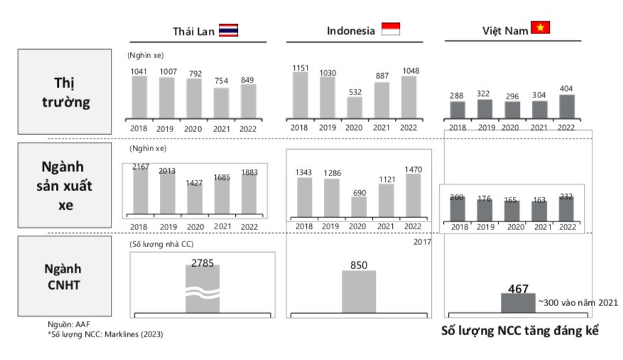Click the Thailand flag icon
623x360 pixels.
coord(228,30)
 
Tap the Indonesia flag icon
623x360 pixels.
coord(391,29)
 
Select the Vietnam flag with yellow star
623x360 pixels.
coord(540,28)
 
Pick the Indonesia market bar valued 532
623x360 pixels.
coord(355,107)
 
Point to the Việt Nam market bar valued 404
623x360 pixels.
coord(566,107)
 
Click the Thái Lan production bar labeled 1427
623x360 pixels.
coord(194,201)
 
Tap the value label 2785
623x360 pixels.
coord(202,263)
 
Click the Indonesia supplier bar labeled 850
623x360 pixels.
coord(359,291)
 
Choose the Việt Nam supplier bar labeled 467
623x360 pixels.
coord(518,303)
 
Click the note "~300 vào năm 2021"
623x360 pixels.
coord(578,302)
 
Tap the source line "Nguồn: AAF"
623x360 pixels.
coord(68,324)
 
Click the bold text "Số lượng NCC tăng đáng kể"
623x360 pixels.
coord(516,332)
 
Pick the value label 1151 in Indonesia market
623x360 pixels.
coord(301,67)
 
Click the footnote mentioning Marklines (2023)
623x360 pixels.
coord(105,333)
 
